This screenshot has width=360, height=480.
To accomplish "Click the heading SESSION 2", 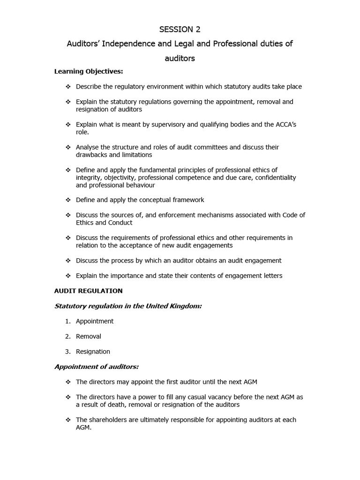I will (x=180, y=30).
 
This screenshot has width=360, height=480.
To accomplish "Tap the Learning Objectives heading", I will (x=89, y=71).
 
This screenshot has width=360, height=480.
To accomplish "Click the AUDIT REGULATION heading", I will (x=89, y=291).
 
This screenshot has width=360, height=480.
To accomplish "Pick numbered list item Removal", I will (x=89, y=336).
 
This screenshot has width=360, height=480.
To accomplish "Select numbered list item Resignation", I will (x=93, y=352).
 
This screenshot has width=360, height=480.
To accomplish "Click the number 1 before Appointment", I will (x=67, y=321).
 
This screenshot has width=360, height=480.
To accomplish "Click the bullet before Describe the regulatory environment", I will (x=68, y=87).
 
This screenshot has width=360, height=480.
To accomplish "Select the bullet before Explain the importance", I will (x=68, y=276).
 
